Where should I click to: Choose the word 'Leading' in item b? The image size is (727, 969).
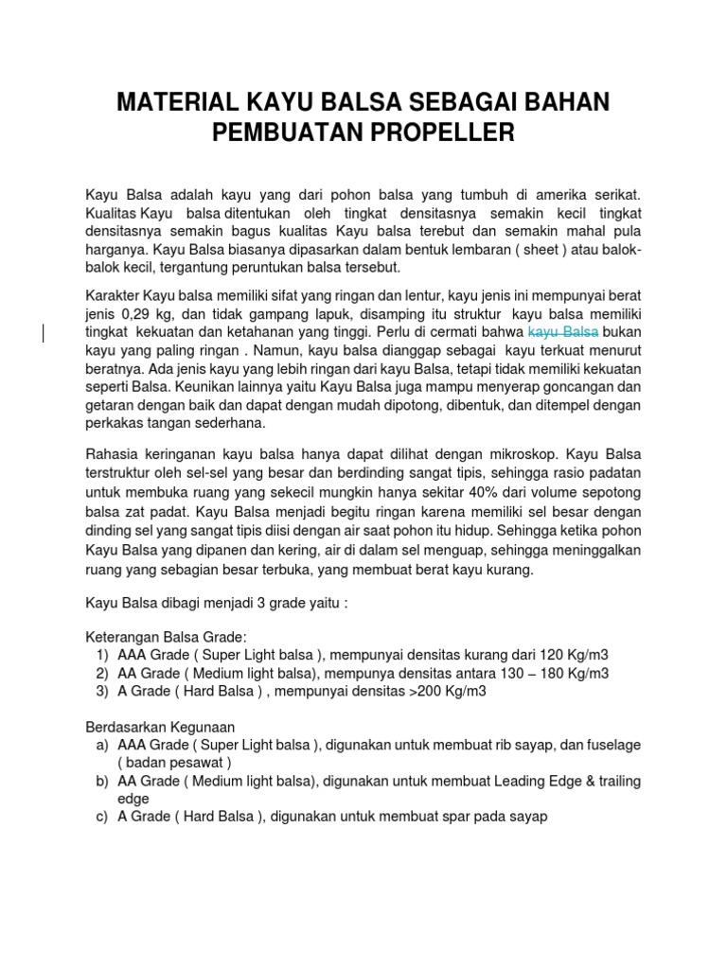[x=537, y=781]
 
